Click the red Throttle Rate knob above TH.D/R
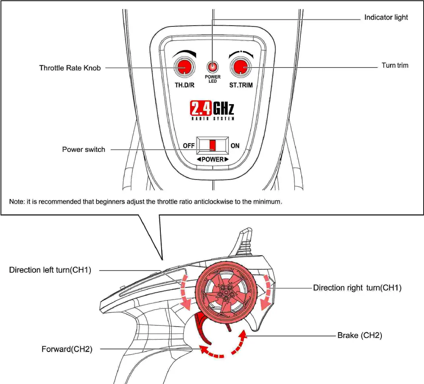pyautogui.click(x=184, y=68)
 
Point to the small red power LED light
pyautogui.click(x=212, y=68)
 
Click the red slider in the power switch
pyautogui.click(x=213, y=145)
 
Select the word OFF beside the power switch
pyautogui.click(x=189, y=146)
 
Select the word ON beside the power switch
pyautogui.click(x=235, y=146)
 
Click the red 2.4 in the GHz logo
pyautogui.click(x=200, y=108)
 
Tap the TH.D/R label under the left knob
pyautogui.click(x=185, y=85)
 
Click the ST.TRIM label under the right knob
pyautogui.click(x=241, y=85)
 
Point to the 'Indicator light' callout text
pyautogui.click(x=386, y=17)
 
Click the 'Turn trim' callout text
pyautogui.click(x=395, y=66)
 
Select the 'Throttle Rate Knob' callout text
pyautogui.click(x=70, y=68)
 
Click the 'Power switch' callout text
pyautogui.click(x=84, y=150)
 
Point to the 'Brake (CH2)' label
pyautogui.click(x=360, y=335)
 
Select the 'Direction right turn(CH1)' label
pyautogui.click(x=357, y=288)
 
